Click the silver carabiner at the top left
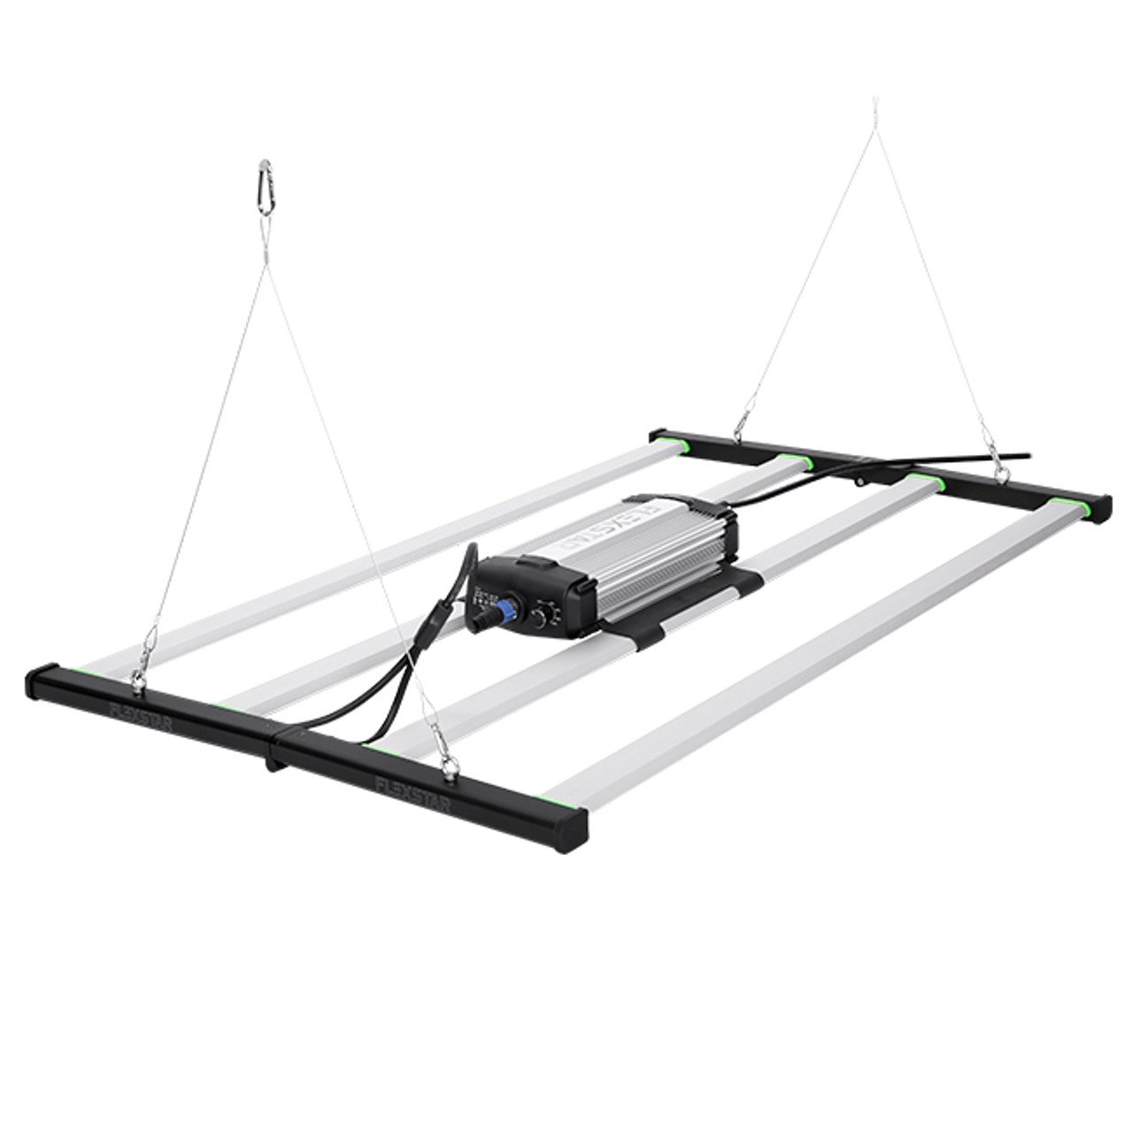265,187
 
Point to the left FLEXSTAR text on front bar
142,713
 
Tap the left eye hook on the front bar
138,677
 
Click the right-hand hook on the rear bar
1000,474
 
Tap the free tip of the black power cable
1027,456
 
